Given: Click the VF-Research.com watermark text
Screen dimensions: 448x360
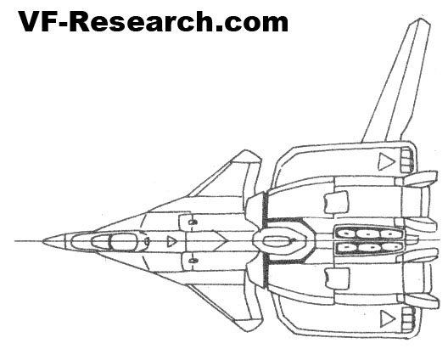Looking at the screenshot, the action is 153,22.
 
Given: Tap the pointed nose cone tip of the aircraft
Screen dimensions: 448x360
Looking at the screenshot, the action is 43,241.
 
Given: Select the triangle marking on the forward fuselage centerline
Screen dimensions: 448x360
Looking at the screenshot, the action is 171,242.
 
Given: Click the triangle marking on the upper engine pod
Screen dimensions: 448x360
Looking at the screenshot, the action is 386,161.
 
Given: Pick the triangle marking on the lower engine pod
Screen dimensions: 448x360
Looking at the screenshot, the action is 387,319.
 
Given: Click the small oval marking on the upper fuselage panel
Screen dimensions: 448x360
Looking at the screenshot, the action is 193,222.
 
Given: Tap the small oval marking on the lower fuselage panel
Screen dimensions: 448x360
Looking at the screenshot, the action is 193,261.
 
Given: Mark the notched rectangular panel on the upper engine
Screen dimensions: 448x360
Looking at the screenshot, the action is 336,202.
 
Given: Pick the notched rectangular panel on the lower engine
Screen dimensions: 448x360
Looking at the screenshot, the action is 337,278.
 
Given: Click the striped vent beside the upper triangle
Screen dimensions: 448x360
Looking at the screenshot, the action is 406,160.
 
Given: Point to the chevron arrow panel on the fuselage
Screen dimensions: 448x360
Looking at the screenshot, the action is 206,242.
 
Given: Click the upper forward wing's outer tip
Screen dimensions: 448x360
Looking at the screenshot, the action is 246,150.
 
